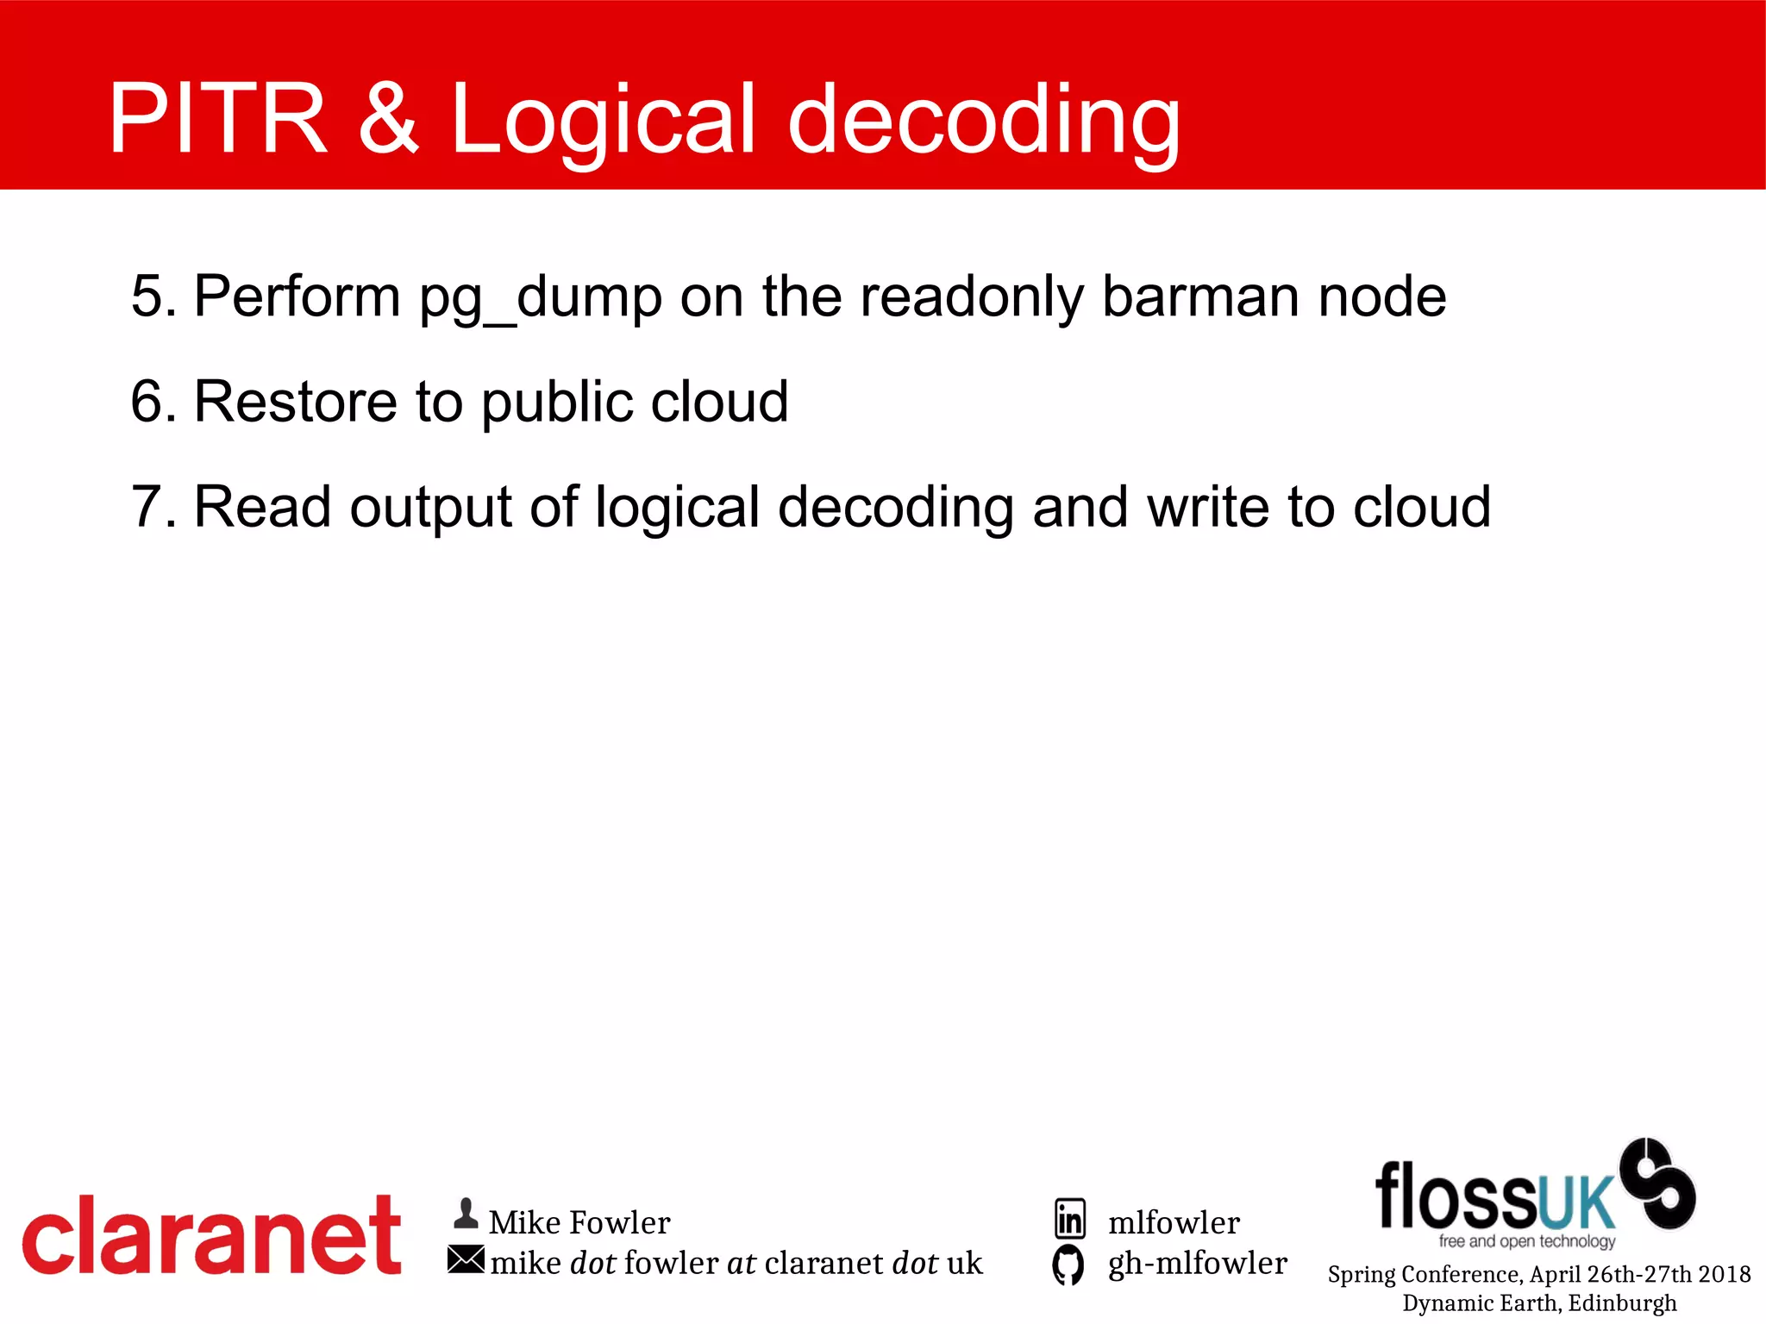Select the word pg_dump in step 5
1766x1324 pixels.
click(x=541, y=297)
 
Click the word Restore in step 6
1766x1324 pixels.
click(x=295, y=402)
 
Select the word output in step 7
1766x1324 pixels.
click(x=431, y=509)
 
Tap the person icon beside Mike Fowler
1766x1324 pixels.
click(x=466, y=1215)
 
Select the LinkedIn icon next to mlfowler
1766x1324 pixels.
click(x=1070, y=1219)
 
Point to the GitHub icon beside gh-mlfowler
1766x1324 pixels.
click(x=1068, y=1265)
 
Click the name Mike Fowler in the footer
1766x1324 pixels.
click(x=579, y=1222)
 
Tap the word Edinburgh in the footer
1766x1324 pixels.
click(x=1622, y=1302)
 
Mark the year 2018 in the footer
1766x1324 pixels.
click(x=1724, y=1274)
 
